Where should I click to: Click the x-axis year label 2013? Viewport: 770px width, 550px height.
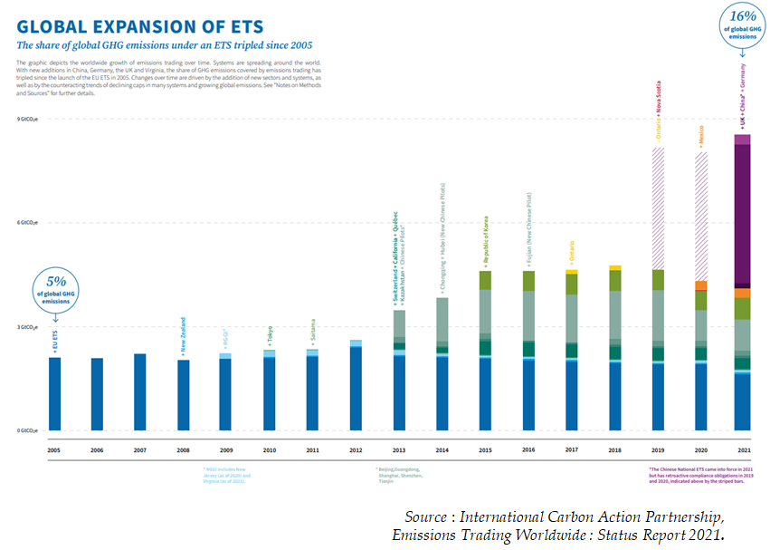[399, 449]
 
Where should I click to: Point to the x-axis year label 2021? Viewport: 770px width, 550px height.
[742, 449]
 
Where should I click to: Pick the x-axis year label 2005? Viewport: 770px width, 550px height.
[55, 449]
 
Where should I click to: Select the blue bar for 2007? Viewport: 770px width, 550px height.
[140, 391]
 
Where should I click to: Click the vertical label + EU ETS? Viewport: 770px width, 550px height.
[55, 341]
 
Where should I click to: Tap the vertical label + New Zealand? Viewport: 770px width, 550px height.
[184, 335]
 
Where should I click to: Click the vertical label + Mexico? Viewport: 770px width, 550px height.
[701, 136]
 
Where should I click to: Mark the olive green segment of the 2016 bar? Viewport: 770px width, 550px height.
[528, 281]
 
